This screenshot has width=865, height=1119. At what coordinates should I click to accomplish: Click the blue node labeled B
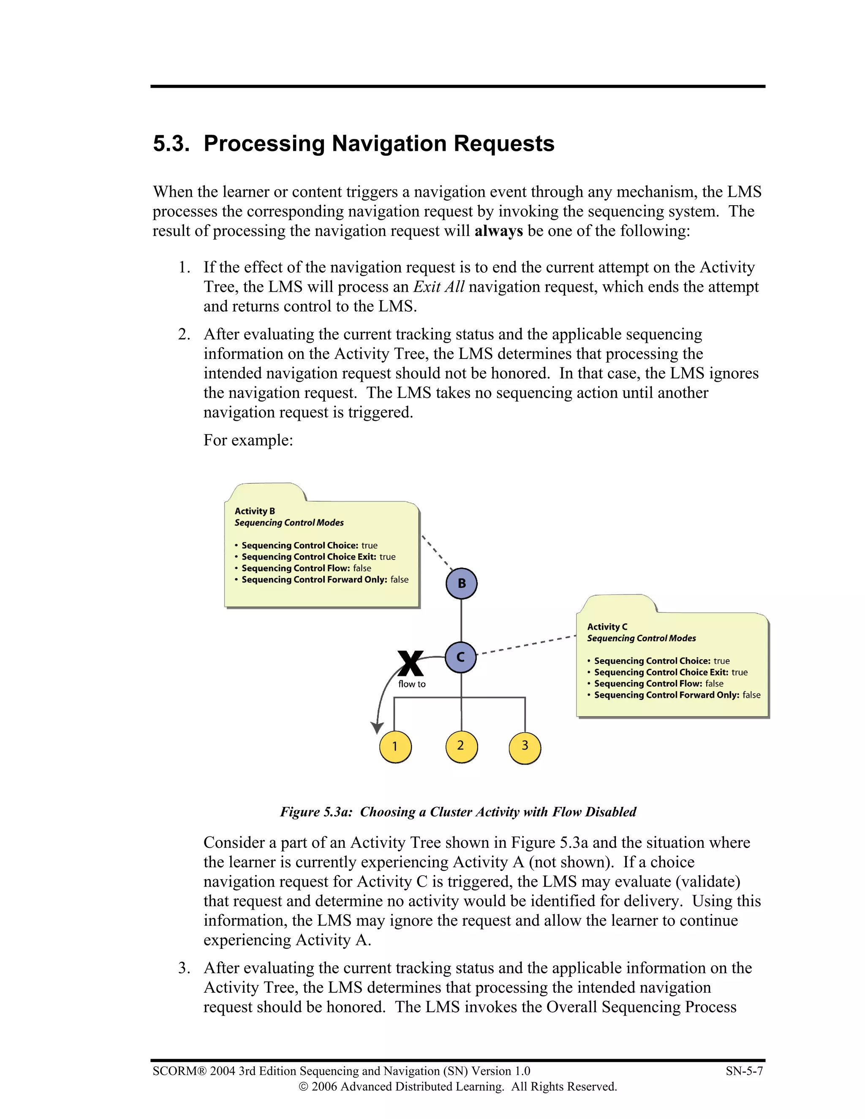pyautogui.click(x=461, y=584)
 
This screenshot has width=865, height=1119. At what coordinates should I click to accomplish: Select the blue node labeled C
pyautogui.click(x=461, y=657)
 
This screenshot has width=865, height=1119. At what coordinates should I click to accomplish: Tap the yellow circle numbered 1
pyautogui.click(x=395, y=747)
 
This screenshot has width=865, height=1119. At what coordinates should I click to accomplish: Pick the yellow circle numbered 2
pyautogui.click(x=461, y=746)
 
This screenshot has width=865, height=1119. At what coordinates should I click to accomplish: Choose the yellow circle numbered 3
pyautogui.click(x=525, y=746)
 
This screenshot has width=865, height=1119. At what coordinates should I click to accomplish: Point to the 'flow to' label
pyautogui.click(x=412, y=684)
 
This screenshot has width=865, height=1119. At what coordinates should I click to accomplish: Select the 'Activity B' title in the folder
pyautogui.click(x=255, y=511)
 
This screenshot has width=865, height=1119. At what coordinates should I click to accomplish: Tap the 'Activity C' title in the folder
pyautogui.click(x=607, y=627)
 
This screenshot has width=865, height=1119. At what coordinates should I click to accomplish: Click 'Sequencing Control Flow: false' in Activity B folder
pyautogui.click(x=306, y=568)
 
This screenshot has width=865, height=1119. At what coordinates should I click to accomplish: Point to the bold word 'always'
pyautogui.click(x=498, y=231)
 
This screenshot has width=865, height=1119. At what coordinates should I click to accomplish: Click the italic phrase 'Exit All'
pyautogui.click(x=439, y=287)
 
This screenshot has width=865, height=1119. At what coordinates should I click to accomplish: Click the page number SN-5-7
pyautogui.click(x=744, y=1071)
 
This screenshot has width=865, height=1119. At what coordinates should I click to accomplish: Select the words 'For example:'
pyautogui.click(x=248, y=440)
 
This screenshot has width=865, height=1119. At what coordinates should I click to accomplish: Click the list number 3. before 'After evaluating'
pyautogui.click(x=184, y=968)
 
